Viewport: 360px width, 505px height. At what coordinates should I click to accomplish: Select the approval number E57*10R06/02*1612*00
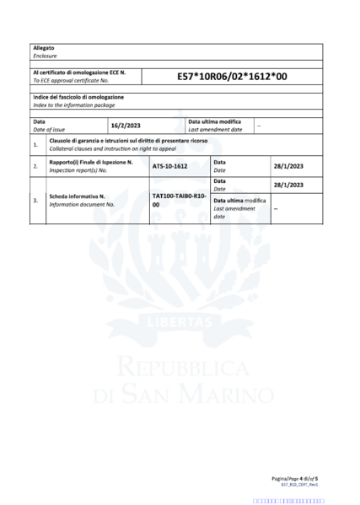pos(232,76)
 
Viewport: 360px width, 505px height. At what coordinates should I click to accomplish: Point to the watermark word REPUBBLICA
pos(179,367)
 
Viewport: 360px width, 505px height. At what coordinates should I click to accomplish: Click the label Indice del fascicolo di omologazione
pos(73,97)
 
